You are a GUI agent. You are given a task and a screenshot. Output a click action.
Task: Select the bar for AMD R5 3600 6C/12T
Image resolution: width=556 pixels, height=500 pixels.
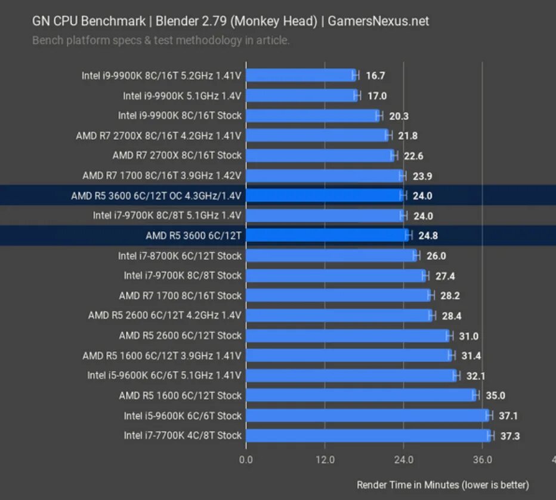click(x=326, y=235)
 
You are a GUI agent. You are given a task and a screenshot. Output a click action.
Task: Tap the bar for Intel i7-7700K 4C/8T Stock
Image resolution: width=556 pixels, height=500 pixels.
click(x=367, y=435)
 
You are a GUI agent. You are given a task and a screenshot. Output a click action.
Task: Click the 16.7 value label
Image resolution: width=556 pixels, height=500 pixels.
click(x=376, y=75)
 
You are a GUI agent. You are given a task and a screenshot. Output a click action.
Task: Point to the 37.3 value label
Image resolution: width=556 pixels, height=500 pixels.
click(x=510, y=436)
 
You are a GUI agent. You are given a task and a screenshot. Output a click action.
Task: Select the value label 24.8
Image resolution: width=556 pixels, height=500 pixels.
click(x=428, y=236)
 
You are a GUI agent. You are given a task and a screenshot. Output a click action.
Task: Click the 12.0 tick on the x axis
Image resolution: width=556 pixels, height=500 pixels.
click(x=325, y=460)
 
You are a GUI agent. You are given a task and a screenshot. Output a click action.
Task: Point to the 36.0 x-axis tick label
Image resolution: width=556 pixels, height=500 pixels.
click(x=482, y=460)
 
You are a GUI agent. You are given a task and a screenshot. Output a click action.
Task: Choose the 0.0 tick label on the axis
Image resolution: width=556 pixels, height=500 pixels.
click(x=246, y=460)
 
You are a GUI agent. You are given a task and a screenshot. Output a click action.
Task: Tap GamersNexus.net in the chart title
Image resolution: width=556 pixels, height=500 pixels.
click(x=378, y=22)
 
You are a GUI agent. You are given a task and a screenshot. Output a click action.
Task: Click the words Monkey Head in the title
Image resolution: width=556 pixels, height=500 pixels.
click(x=272, y=22)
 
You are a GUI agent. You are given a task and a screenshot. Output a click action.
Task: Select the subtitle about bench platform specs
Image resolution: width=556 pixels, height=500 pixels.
click(x=160, y=41)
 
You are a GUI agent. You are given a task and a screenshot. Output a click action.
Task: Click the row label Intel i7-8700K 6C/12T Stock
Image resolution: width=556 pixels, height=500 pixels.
click(x=180, y=256)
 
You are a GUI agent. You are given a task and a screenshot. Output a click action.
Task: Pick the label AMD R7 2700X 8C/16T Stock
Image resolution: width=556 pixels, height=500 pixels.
click(x=177, y=155)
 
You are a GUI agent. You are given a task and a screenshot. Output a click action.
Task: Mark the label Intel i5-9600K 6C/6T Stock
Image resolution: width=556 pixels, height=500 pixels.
click(x=183, y=416)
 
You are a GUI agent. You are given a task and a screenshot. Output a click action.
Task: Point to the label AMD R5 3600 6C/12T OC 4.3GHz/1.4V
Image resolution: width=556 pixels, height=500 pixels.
click(x=156, y=195)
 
